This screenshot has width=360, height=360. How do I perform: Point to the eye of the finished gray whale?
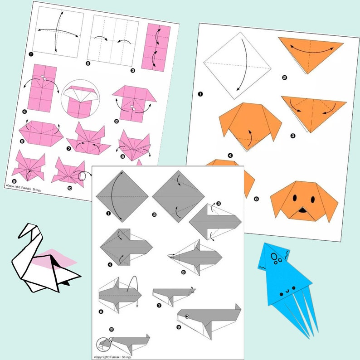click(x=187, y=316)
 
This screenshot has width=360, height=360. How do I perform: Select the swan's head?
click(x=27, y=231)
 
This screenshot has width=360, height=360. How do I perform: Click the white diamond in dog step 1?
click(x=238, y=65)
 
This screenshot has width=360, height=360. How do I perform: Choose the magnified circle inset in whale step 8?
click(x=103, y=345)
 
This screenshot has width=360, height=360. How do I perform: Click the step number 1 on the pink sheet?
click(x=31, y=54)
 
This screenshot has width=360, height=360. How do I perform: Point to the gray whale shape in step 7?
click(x=172, y=295)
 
